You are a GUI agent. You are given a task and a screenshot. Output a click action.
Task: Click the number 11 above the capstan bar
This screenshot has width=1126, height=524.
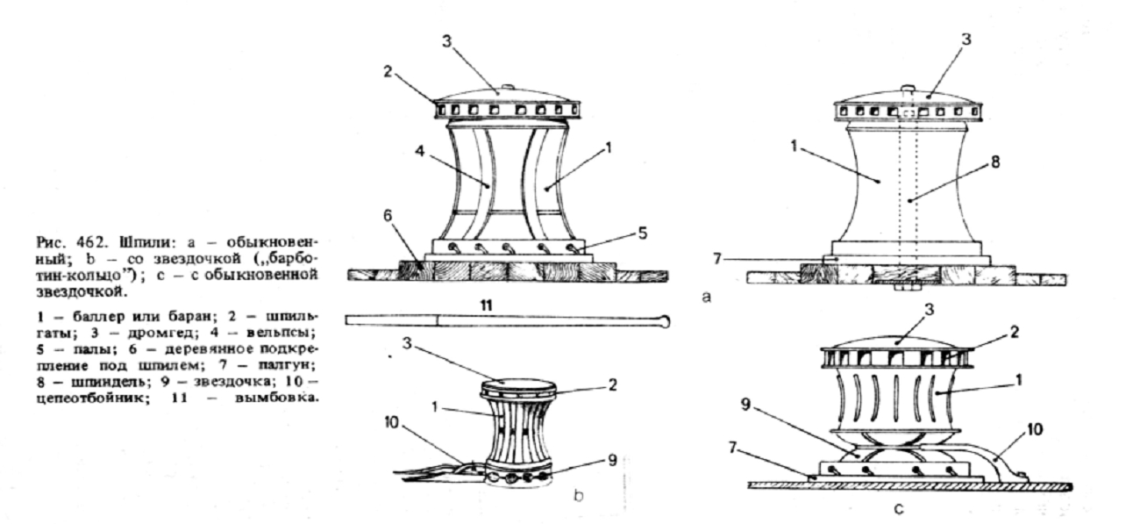(486, 305)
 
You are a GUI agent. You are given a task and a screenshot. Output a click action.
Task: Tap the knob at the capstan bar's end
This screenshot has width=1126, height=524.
(665, 320)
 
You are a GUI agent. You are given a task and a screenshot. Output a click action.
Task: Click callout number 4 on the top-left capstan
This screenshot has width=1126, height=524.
(420, 151)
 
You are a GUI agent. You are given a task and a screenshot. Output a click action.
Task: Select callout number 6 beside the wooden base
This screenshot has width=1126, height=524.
(387, 215)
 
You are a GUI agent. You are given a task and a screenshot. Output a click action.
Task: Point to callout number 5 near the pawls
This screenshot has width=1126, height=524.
(643, 233)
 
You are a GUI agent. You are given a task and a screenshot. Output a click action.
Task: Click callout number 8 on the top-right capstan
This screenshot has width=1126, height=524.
(994, 162)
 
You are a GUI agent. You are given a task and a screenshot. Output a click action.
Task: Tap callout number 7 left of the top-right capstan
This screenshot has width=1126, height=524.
(717, 259)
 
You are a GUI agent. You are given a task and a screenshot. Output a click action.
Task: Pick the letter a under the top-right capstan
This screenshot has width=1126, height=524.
(706, 298)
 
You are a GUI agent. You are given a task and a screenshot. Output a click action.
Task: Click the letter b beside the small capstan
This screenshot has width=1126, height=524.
(579, 496)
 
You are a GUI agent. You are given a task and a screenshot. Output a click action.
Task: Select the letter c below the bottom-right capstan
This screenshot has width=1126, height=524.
(898, 509)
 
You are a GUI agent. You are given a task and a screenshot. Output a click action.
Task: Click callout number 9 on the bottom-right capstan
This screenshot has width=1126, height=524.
(745, 405)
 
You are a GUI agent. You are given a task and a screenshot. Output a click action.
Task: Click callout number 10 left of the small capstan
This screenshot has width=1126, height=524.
(392, 422)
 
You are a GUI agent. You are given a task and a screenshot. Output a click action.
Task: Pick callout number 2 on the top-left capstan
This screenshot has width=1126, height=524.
(387, 71)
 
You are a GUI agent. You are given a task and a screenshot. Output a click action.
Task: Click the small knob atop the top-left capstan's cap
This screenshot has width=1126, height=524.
(508, 88)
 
